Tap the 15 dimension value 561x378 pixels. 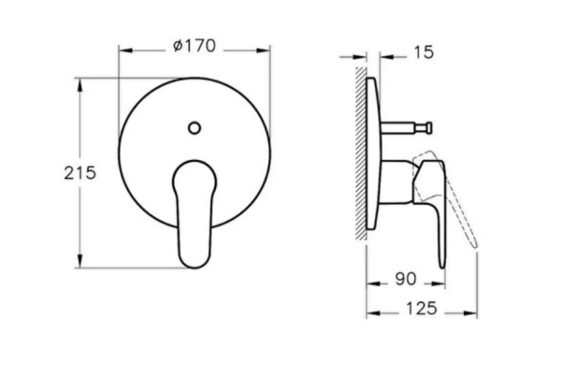[x=424, y=54]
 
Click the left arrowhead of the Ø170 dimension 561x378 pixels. [x=122, y=45]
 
